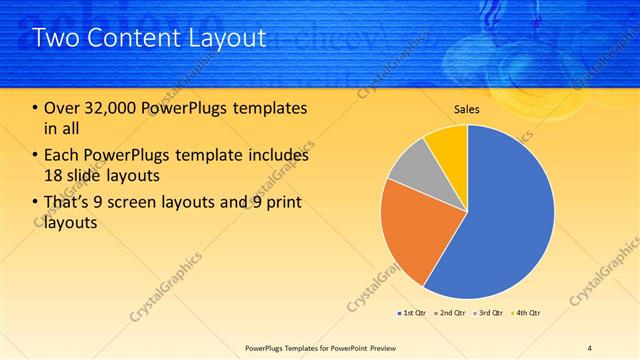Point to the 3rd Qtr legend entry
(487, 313)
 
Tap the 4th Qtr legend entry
(525, 313)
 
